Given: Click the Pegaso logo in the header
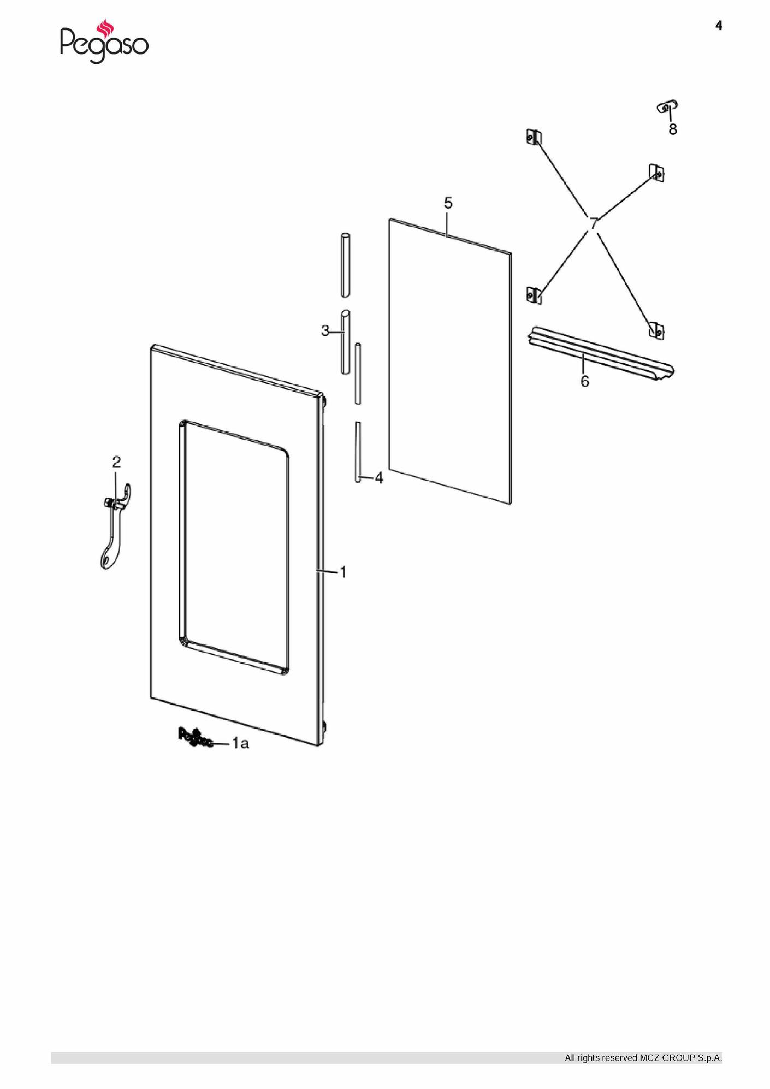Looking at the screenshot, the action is [104, 42].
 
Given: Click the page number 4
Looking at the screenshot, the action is [719, 26].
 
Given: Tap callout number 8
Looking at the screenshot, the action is [673, 129].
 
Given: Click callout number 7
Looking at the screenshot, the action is [593, 223].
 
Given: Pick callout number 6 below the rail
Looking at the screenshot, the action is [585, 381].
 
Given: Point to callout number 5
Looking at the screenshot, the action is [448, 203].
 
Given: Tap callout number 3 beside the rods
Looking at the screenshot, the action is [325, 331].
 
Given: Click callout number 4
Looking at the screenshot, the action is [379, 478].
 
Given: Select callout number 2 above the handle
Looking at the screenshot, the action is [116, 462].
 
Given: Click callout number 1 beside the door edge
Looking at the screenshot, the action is [343, 572].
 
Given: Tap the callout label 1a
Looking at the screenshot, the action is [241, 743].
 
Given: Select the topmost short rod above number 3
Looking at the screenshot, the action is [346, 265].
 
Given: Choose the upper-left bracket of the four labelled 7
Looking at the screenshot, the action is [534, 137].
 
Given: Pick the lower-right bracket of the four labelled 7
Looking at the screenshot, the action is [656, 330].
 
